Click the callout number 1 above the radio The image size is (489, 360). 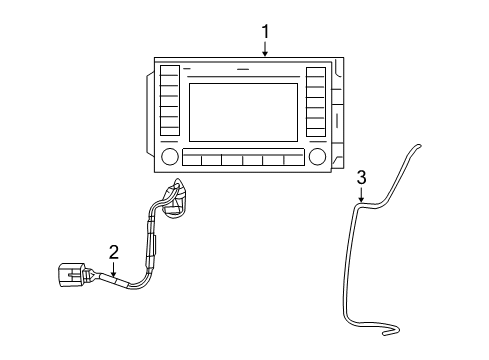click(x=265, y=31)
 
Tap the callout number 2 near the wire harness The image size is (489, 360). click(x=114, y=253)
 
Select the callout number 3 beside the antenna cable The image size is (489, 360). click(x=361, y=177)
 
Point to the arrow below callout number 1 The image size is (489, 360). click(x=265, y=49)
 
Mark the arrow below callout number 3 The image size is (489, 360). click(x=361, y=196)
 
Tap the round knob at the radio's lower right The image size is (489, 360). click(x=318, y=157)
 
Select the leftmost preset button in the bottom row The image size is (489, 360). click(x=192, y=159)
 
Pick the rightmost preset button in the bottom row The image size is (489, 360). click(x=293, y=159)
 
